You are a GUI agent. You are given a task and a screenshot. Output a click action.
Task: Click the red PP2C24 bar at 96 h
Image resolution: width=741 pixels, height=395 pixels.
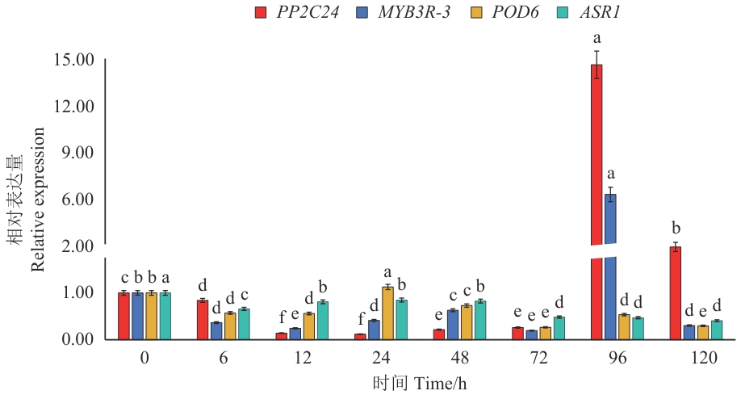pos(597,202)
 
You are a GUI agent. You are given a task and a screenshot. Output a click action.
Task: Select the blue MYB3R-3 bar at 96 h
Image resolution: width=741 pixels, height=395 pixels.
pos(610,267)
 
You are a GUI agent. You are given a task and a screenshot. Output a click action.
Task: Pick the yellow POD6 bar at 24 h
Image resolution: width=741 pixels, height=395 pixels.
pos(387,313)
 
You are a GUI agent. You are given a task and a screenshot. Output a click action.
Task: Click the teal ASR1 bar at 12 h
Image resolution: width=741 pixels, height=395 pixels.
pos(322,320)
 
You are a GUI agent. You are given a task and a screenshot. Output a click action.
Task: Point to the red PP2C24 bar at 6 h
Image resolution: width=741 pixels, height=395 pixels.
pos(203,319)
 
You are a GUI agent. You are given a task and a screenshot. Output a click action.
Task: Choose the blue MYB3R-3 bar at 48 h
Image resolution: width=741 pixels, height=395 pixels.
pos(453,324)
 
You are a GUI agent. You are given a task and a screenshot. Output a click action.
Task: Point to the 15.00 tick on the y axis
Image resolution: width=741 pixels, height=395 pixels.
pos(73,60)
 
